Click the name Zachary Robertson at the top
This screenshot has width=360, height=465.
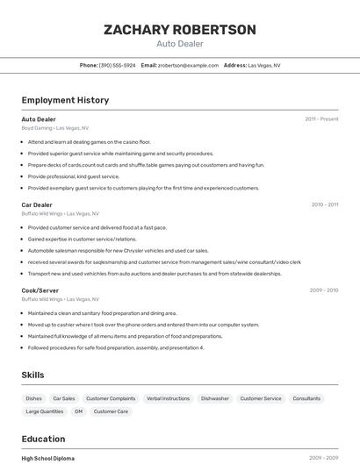(x=180, y=30)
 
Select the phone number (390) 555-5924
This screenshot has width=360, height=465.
(x=118, y=65)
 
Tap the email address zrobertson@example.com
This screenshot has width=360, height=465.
(x=188, y=65)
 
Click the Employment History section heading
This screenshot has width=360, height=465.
(x=65, y=100)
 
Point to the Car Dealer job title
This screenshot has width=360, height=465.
(x=37, y=204)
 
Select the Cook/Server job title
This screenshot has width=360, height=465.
(x=40, y=290)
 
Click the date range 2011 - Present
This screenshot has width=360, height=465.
(x=321, y=119)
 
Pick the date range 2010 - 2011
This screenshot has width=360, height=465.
(x=325, y=204)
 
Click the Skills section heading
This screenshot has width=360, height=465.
(x=33, y=376)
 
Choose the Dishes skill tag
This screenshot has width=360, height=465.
(x=33, y=398)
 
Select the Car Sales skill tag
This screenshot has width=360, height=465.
(x=63, y=398)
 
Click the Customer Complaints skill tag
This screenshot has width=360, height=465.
(x=111, y=398)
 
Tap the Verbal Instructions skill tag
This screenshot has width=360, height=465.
(x=168, y=398)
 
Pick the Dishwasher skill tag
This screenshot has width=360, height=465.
(x=215, y=398)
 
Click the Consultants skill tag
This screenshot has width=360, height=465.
(x=306, y=398)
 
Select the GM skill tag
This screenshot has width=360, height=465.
(x=78, y=411)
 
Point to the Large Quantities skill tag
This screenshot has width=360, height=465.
(x=44, y=411)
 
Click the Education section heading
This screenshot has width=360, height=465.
(x=44, y=439)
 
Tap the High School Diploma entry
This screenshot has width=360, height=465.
(x=48, y=458)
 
